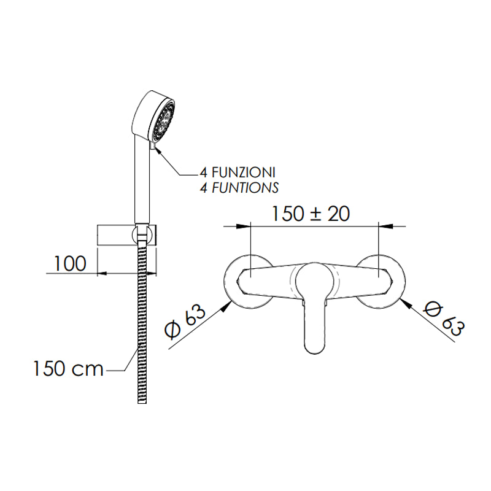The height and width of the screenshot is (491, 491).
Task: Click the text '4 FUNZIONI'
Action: pos(238,172)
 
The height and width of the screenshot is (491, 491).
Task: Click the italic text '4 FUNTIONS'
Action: pos(239,188)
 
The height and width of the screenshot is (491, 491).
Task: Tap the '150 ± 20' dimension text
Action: pos(311,214)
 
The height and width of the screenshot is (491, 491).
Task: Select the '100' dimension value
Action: pos(70,264)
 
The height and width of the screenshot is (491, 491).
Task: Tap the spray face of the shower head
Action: pos(163,120)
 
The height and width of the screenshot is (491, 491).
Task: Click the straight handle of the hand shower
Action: pos(142,179)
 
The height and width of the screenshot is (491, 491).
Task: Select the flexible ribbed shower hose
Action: pos(142,323)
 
